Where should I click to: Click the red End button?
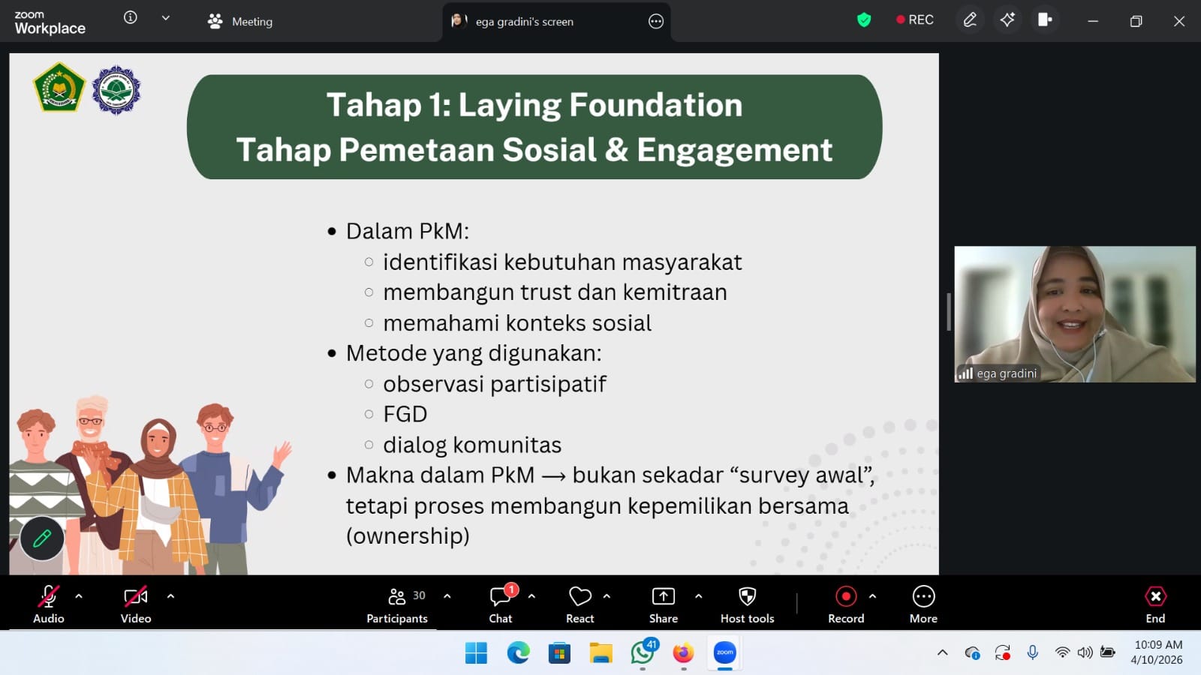coord(1155,596)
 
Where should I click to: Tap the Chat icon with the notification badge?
coord(501,596)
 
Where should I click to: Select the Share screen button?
coord(664,596)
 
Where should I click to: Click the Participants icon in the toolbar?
coord(397,596)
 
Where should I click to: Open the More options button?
coord(923,596)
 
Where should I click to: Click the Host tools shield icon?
coord(747,596)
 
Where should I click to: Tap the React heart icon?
coord(579,596)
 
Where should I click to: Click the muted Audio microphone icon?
coord(48,596)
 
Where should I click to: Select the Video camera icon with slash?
coord(135,596)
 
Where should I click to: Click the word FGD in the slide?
coord(405,414)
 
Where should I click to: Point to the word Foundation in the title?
coord(656,104)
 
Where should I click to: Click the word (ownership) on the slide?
coord(408,535)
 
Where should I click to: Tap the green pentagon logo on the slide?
coord(59,87)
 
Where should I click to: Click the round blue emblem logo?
coord(116,90)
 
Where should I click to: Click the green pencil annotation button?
coord(42,538)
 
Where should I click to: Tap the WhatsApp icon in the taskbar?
coord(643,653)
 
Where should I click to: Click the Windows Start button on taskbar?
coord(476,653)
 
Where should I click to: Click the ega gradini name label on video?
coord(1007,373)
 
